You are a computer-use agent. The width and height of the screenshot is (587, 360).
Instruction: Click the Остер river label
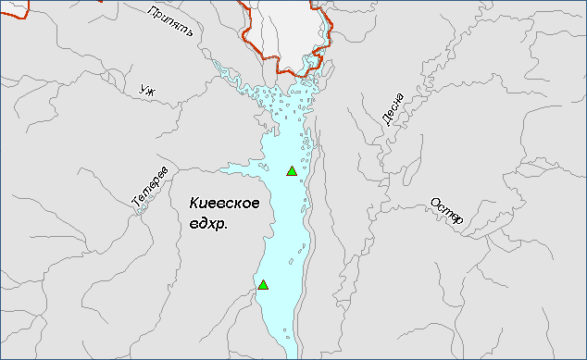click(446, 212)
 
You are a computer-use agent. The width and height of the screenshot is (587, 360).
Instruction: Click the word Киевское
click(224, 204)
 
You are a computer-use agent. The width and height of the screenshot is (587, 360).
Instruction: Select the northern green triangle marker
click(292, 170)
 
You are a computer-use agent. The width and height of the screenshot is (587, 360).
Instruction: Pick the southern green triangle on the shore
click(263, 284)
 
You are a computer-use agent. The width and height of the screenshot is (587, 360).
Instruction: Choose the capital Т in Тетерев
click(135, 201)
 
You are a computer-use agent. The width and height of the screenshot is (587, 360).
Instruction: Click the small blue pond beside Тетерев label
click(141, 207)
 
